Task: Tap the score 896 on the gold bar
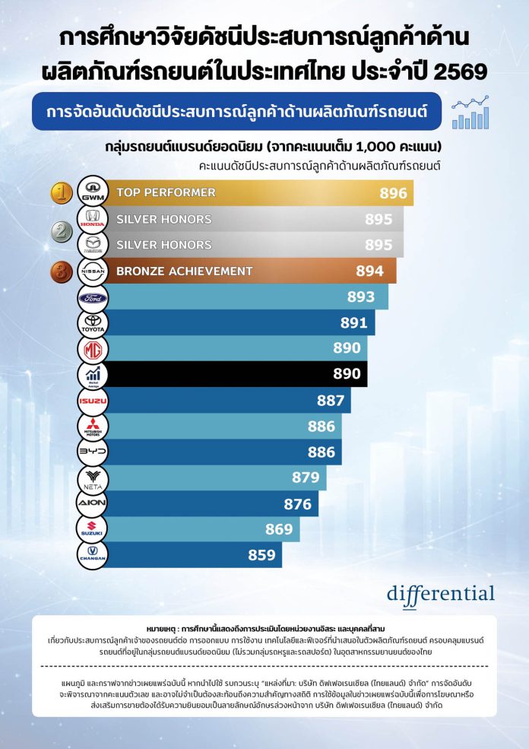393,193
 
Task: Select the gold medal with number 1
62,192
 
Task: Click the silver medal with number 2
62,231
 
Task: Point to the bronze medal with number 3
62,271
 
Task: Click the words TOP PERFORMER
166,193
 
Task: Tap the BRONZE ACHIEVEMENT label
184,271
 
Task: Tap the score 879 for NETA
306,478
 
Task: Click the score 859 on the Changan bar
261,555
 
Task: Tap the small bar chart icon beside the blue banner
470,113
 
